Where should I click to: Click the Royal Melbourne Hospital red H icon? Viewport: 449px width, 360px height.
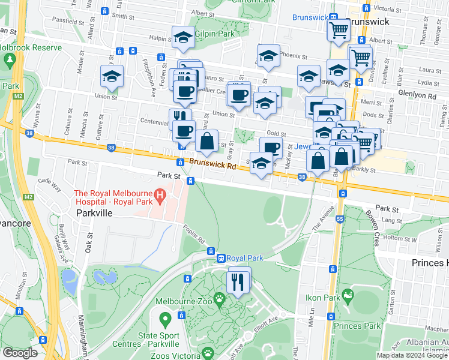point(160,195)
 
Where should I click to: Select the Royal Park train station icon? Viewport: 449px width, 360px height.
point(221,258)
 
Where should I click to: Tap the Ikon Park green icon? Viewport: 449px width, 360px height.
point(347,296)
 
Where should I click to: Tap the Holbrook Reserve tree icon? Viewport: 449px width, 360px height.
point(10,60)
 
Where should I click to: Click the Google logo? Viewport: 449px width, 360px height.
point(20,353)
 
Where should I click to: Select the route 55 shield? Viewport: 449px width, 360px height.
point(339,220)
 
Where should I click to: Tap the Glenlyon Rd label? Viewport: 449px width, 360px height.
point(416,95)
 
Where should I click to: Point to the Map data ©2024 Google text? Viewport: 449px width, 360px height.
point(411,355)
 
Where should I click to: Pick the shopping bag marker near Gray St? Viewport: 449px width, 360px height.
point(206,142)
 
